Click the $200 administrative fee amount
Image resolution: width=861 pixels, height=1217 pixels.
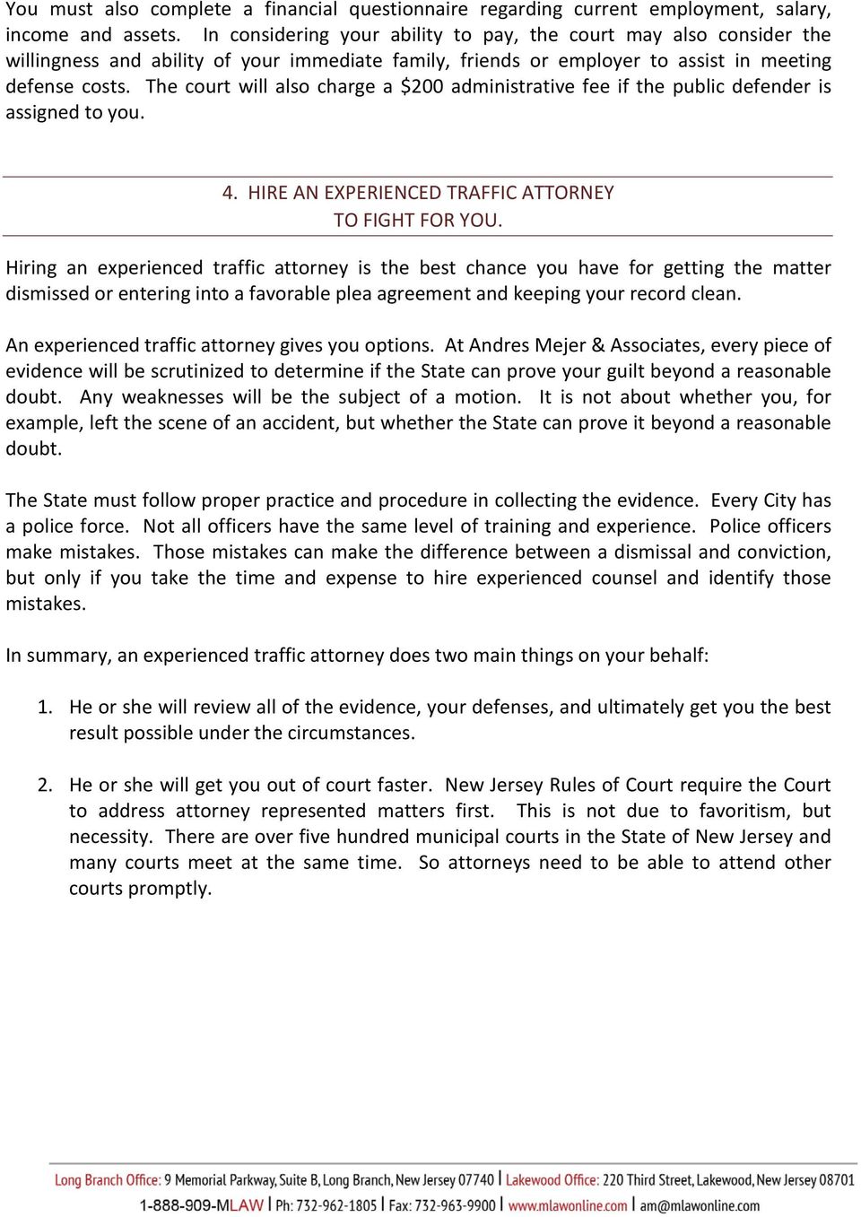pyautogui.click(x=422, y=87)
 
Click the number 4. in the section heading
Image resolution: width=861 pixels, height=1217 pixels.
pyautogui.click(x=230, y=193)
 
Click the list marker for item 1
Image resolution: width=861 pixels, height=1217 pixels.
pyautogui.click(x=45, y=708)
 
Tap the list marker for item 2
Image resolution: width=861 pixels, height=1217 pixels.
pyautogui.click(x=45, y=786)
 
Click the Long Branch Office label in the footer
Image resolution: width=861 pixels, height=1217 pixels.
pyautogui.click(x=108, y=1180)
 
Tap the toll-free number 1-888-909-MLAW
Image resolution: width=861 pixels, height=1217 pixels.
pyautogui.click(x=201, y=1205)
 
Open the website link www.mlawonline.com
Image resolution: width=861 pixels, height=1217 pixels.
pyautogui.click(x=568, y=1205)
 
